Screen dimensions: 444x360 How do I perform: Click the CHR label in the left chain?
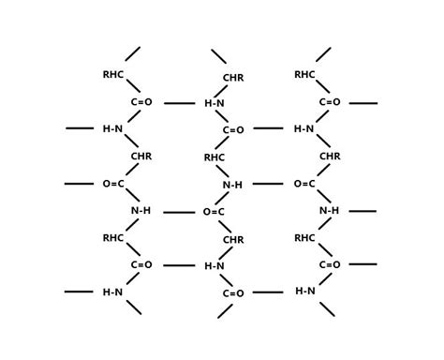(141, 157)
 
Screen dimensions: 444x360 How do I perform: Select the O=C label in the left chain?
(113, 184)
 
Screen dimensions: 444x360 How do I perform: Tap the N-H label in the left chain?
(141, 211)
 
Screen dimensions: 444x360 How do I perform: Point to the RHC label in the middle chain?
(215, 157)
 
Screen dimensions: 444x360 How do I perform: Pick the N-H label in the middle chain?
(232, 185)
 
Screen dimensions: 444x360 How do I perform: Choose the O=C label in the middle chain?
(214, 212)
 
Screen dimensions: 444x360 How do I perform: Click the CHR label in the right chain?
(330, 157)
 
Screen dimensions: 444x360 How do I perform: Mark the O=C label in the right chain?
(304, 184)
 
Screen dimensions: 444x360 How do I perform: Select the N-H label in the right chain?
(329, 211)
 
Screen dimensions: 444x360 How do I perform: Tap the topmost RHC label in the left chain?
(113, 75)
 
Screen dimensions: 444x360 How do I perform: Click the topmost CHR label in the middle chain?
(233, 78)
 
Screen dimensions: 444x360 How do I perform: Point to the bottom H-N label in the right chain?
(305, 292)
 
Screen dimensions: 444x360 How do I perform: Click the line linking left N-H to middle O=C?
(179, 212)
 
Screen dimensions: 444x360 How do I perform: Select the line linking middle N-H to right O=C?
(268, 184)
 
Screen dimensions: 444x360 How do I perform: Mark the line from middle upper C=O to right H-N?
(268, 129)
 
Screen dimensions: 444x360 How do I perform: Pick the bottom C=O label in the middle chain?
(233, 293)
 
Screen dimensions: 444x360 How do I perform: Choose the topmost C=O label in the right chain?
(330, 102)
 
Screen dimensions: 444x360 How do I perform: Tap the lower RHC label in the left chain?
(113, 238)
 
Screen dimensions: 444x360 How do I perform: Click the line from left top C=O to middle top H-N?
(179, 103)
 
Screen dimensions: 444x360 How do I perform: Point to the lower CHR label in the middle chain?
(233, 240)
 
